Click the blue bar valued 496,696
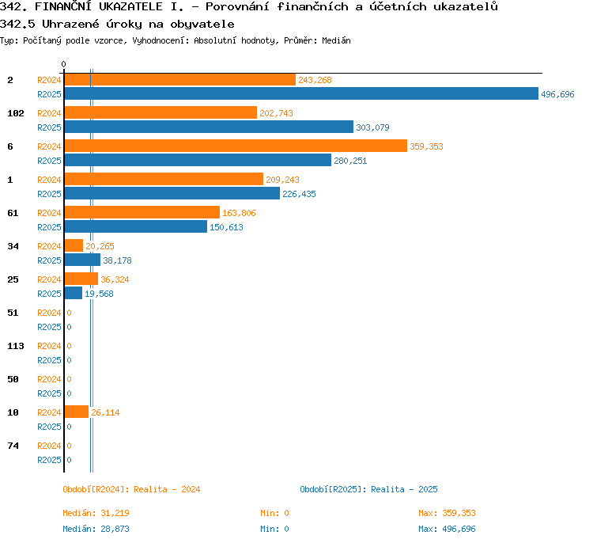[x=301, y=94]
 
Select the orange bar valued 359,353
[x=236, y=146]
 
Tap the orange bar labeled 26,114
[x=77, y=412]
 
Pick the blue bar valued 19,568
[x=74, y=293]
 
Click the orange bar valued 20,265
[x=74, y=245]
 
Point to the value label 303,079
[x=372, y=127]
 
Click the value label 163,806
[x=239, y=213]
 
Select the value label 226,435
[x=299, y=194]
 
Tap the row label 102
[x=16, y=114]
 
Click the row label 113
[x=16, y=346]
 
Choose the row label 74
[x=13, y=446]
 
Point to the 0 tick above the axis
[x=63, y=64]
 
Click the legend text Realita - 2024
[x=167, y=489]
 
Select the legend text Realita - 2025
[x=404, y=489]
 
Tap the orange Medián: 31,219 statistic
[x=96, y=513]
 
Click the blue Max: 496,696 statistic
[x=447, y=529]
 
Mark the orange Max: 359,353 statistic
[x=447, y=513]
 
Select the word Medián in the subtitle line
[x=336, y=40]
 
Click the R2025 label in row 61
[x=49, y=227]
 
